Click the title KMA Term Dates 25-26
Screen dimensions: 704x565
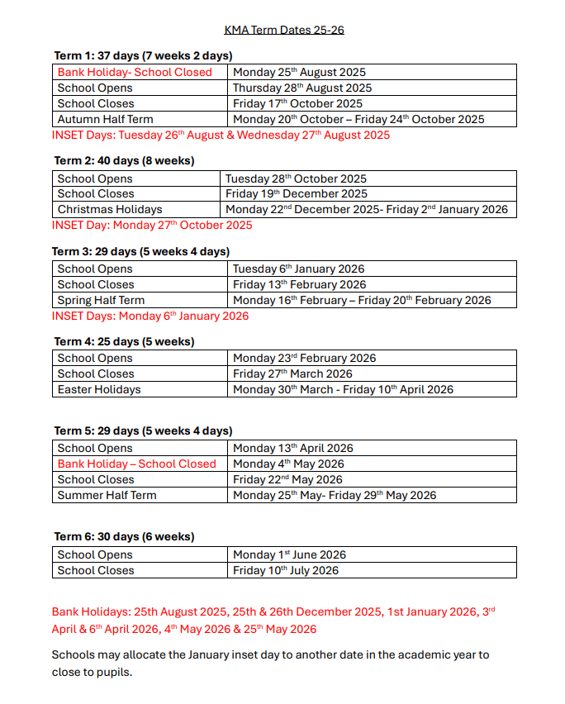click(284, 31)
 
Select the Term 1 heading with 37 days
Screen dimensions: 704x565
click(143, 56)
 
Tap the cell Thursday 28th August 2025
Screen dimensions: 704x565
click(301, 88)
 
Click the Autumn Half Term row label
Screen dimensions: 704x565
click(105, 119)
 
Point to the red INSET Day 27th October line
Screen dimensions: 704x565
click(152, 225)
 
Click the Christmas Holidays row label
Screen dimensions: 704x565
click(110, 210)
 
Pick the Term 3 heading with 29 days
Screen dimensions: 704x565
click(141, 251)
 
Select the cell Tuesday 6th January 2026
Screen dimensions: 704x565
click(298, 269)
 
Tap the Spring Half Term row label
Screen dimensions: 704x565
click(101, 300)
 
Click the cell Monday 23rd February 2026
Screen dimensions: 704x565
click(304, 359)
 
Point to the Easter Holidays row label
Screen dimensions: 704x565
click(99, 389)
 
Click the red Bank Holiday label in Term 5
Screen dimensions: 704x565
click(136, 464)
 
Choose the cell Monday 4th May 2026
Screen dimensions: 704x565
click(288, 464)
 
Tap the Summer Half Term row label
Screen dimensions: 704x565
click(107, 495)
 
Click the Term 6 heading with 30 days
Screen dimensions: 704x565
click(124, 536)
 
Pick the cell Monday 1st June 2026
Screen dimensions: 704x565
click(289, 554)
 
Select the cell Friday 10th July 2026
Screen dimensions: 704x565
click(286, 570)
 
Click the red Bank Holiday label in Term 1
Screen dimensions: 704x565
click(135, 72)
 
